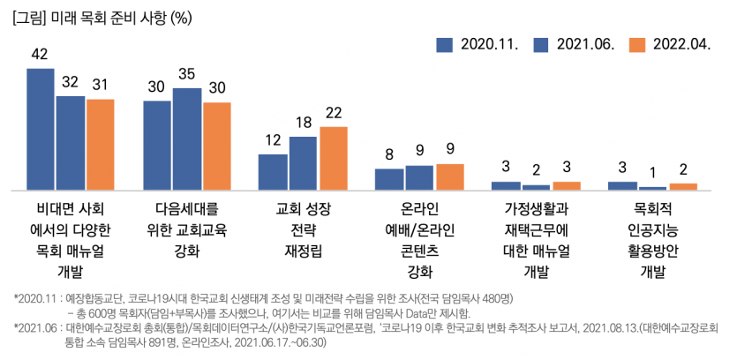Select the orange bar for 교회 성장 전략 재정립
click(x=334, y=159)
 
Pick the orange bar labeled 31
click(x=100, y=145)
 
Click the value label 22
click(x=334, y=112)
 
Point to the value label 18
click(x=304, y=123)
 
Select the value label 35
click(x=186, y=73)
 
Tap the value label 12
click(x=273, y=139)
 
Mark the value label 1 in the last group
click(x=653, y=172)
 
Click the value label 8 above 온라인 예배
click(x=389, y=154)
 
